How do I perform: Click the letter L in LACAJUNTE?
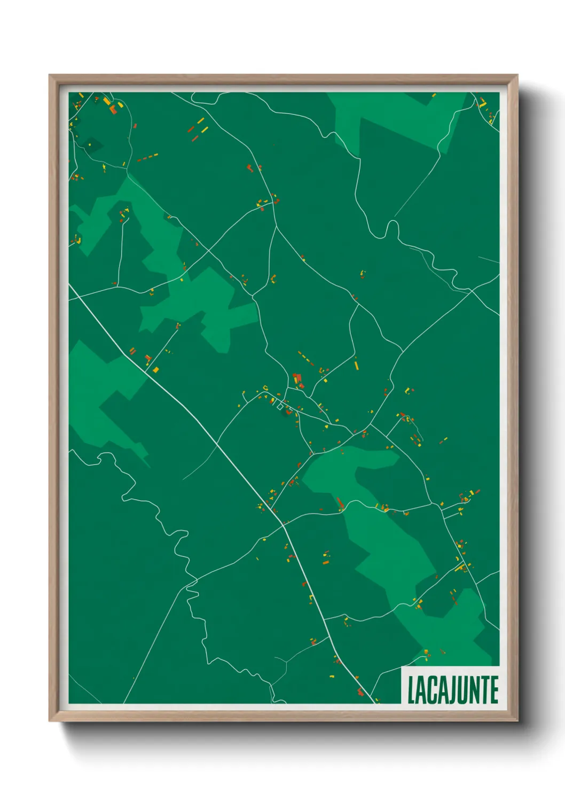point(411,690)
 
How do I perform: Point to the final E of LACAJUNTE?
point(494,690)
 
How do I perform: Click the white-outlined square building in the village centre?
point(280,407)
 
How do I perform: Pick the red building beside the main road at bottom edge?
point(360,693)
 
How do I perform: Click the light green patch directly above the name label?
point(454,631)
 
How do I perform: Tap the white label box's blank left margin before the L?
point(404,690)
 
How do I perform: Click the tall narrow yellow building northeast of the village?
point(356,365)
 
